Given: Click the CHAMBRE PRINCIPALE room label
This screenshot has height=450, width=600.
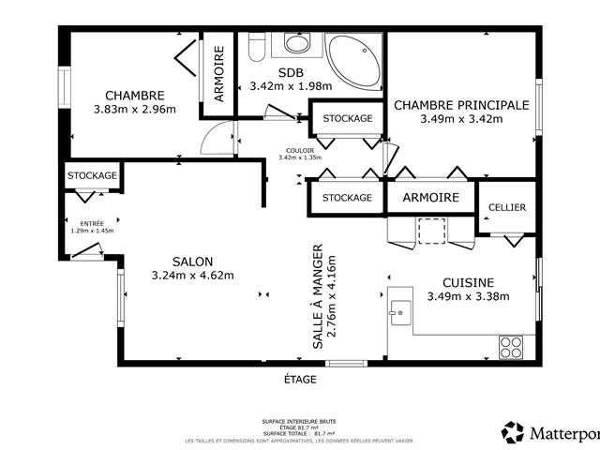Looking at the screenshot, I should [x=460, y=105].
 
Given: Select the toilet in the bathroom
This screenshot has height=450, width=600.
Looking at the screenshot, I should [x=297, y=42].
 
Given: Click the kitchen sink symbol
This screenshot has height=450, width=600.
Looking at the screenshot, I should [x=400, y=310].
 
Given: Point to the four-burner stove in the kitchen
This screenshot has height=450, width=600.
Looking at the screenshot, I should [x=511, y=346].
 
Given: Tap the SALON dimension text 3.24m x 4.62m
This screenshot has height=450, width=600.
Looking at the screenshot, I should [x=192, y=276].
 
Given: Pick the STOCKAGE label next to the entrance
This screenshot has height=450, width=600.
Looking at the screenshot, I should [x=92, y=175].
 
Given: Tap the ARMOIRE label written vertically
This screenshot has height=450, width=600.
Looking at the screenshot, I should [x=218, y=74].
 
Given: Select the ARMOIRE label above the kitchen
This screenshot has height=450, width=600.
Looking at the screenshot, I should [x=430, y=198].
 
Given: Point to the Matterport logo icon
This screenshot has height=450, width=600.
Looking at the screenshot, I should [x=513, y=432].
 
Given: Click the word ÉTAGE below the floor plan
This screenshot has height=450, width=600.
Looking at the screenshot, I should [x=300, y=380].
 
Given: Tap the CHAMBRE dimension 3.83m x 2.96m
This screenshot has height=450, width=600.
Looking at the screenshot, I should [x=135, y=110].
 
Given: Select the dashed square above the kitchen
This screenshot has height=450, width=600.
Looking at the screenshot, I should [x=432, y=231].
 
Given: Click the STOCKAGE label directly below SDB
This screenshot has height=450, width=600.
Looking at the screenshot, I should [x=347, y=118].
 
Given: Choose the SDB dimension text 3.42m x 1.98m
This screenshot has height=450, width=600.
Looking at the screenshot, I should [x=286, y=86].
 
